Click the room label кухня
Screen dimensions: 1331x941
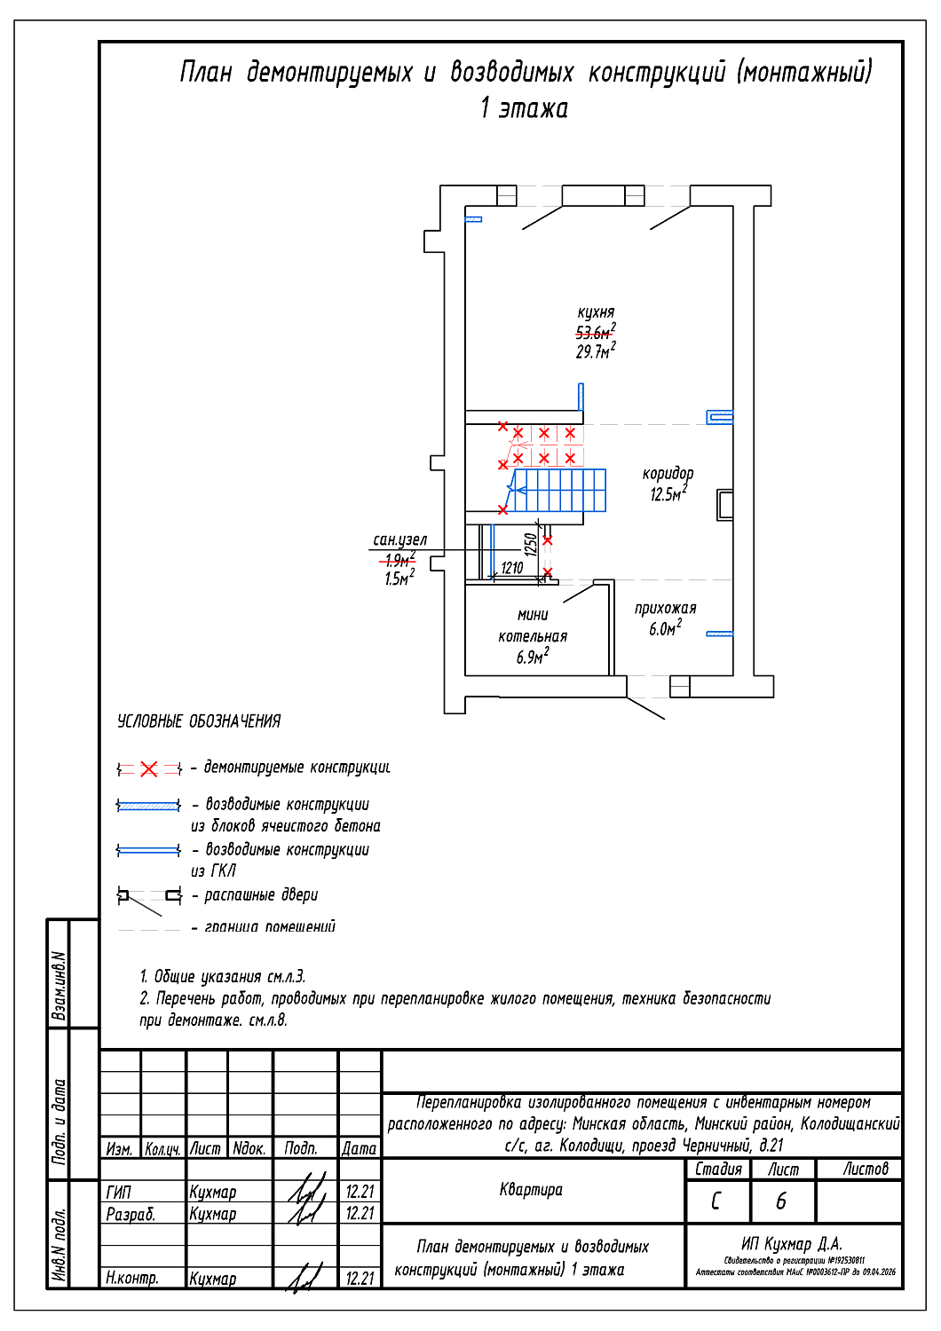596,312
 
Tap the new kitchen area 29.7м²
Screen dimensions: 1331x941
595,351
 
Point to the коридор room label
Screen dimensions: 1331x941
668,474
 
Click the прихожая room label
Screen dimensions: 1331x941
665,608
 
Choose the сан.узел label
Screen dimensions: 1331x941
399,539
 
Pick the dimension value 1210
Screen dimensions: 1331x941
512,568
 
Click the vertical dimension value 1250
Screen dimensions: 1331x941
530,544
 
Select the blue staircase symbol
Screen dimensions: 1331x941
560,491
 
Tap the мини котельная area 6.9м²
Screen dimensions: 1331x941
533,657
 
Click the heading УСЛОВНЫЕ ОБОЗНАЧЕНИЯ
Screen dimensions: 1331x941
199,721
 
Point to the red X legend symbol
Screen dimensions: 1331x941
149,768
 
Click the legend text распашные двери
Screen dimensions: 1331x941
261,894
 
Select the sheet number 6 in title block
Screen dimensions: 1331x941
781,1201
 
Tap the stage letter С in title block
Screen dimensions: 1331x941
716,1201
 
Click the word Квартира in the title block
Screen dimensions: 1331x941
531,1189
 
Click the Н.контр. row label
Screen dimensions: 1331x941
131,1278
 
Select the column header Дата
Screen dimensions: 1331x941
360,1148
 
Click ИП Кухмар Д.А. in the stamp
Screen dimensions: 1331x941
792,1243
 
